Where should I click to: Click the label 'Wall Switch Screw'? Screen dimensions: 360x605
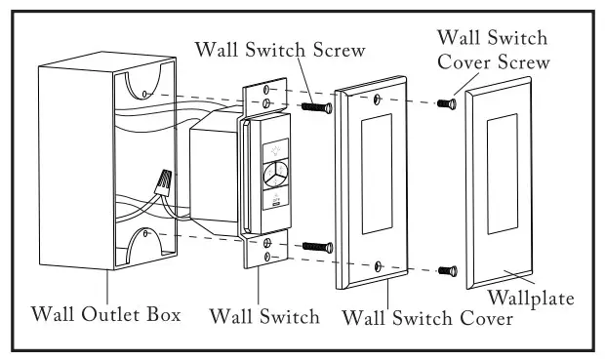click(279, 48)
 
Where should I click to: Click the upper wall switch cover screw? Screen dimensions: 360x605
click(449, 101)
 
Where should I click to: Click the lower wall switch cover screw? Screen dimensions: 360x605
click(447, 269)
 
